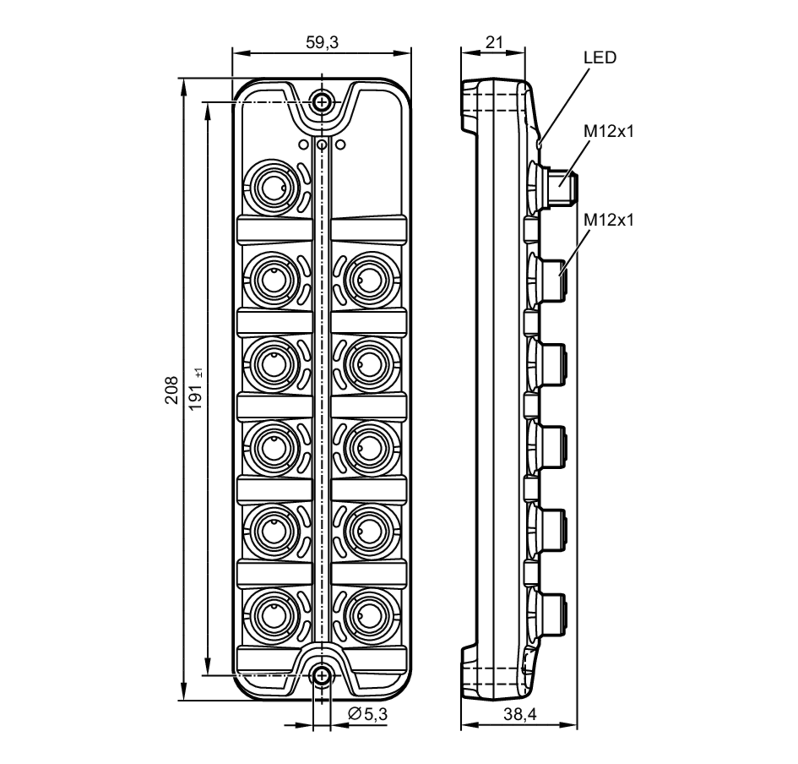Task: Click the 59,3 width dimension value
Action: [x=322, y=42]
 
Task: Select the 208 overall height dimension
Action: [x=171, y=390]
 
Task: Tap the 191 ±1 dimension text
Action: [x=196, y=390]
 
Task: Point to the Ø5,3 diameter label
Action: [x=367, y=713]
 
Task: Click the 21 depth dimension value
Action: [x=494, y=42]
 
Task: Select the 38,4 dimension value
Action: [x=519, y=714]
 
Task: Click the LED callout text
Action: [x=599, y=58]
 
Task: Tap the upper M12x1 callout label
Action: [x=608, y=131]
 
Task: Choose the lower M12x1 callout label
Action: [x=608, y=220]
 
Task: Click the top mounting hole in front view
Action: [x=322, y=102]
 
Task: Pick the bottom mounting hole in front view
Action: [x=322, y=676]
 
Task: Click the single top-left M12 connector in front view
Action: [x=272, y=187]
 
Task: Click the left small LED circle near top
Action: [x=303, y=144]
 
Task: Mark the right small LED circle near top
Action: [x=341, y=144]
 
